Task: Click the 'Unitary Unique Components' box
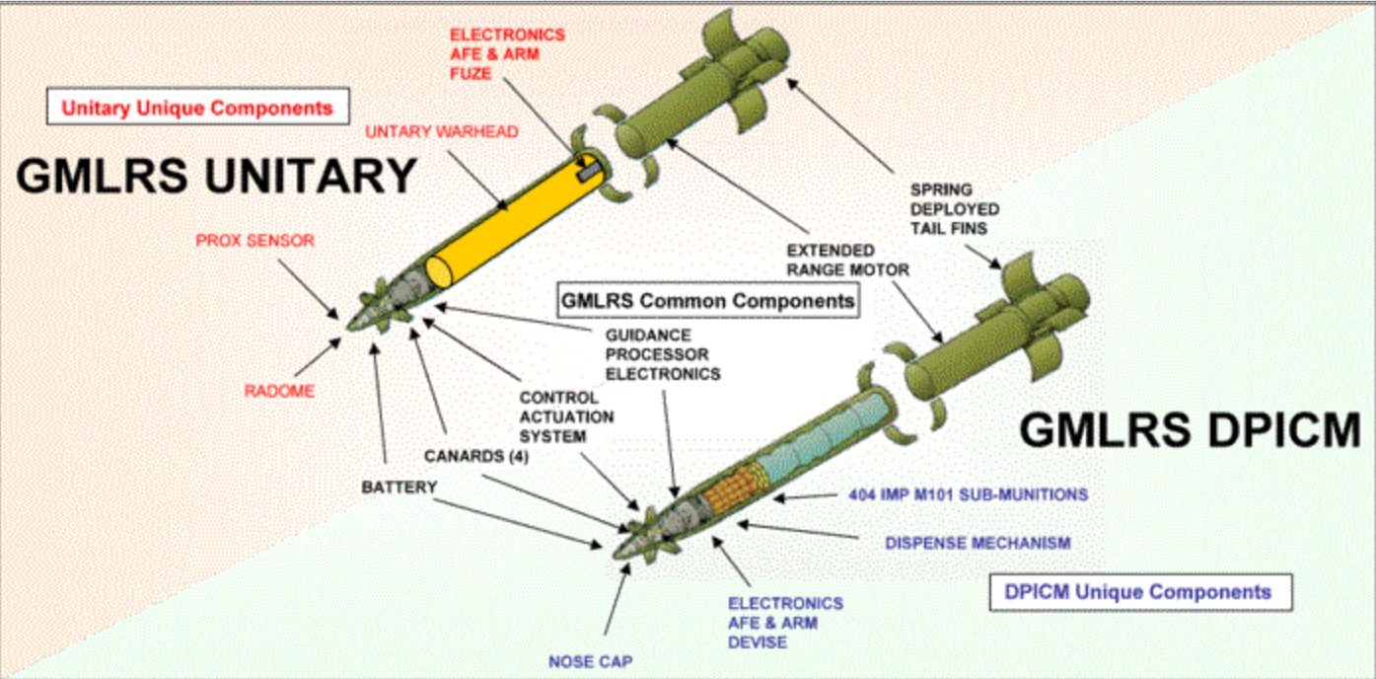coord(198,108)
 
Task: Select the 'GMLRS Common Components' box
coord(707,300)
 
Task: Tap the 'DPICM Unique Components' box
coord(1138,592)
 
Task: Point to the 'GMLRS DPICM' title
coord(1190,431)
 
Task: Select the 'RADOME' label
coord(279,391)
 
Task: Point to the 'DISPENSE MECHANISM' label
coord(977,543)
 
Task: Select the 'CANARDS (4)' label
coord(468,456)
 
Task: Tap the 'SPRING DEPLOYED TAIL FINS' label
coord(954,209)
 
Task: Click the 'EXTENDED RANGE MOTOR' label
coord(847,260)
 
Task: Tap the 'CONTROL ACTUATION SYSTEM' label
coord(566,416)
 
